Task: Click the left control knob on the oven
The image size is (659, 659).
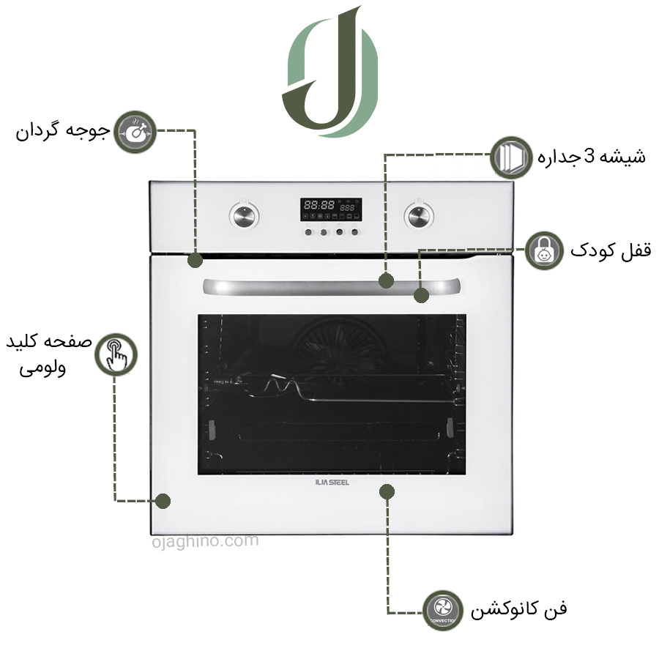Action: coord(243,215)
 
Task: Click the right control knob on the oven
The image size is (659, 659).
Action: coord(417,215)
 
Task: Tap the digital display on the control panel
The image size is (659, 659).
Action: coord(330,209)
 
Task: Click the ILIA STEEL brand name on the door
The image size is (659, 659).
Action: coord(332,483)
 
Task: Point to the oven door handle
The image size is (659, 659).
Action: coord(332,287)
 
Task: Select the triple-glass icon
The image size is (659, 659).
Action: coord(511,157)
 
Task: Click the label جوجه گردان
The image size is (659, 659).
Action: coord(63,132)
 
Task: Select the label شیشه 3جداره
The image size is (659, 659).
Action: coord(592,157)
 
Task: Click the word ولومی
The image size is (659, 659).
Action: coord(42,368)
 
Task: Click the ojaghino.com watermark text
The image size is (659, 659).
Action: coord(205,542)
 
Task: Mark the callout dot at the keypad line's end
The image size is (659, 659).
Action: coord(163,501)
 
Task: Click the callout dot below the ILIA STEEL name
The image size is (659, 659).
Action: coord(386,491)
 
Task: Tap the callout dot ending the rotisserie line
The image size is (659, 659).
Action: coord(195,260)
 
